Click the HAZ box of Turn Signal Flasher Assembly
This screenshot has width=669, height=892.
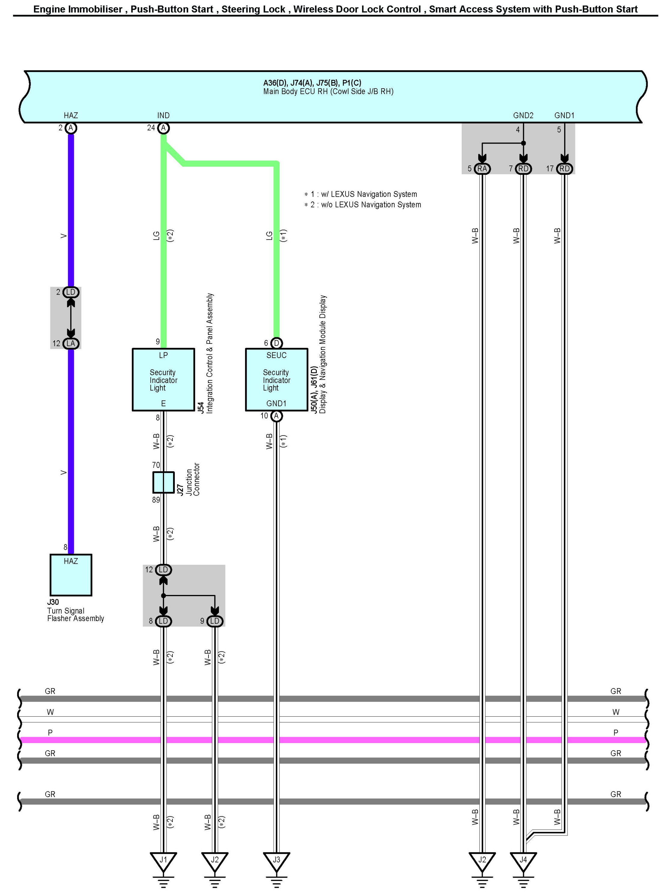[71, 575]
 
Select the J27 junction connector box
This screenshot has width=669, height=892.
[163, 482]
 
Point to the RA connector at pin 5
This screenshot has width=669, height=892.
[482, 168]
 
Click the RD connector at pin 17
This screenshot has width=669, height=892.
[564, 168]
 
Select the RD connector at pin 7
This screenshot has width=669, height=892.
[523, 168]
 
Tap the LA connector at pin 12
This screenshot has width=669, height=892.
[71, 343]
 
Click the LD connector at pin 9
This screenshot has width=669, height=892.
[214, 621]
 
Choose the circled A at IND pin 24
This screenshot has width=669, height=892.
[163, 128]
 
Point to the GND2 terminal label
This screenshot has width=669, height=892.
[523, 115]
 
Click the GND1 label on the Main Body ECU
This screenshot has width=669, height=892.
[564, 115]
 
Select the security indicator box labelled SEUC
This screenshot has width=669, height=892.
[276, 379]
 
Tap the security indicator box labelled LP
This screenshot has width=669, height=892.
[163, 379]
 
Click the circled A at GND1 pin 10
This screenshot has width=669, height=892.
[276, 416]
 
